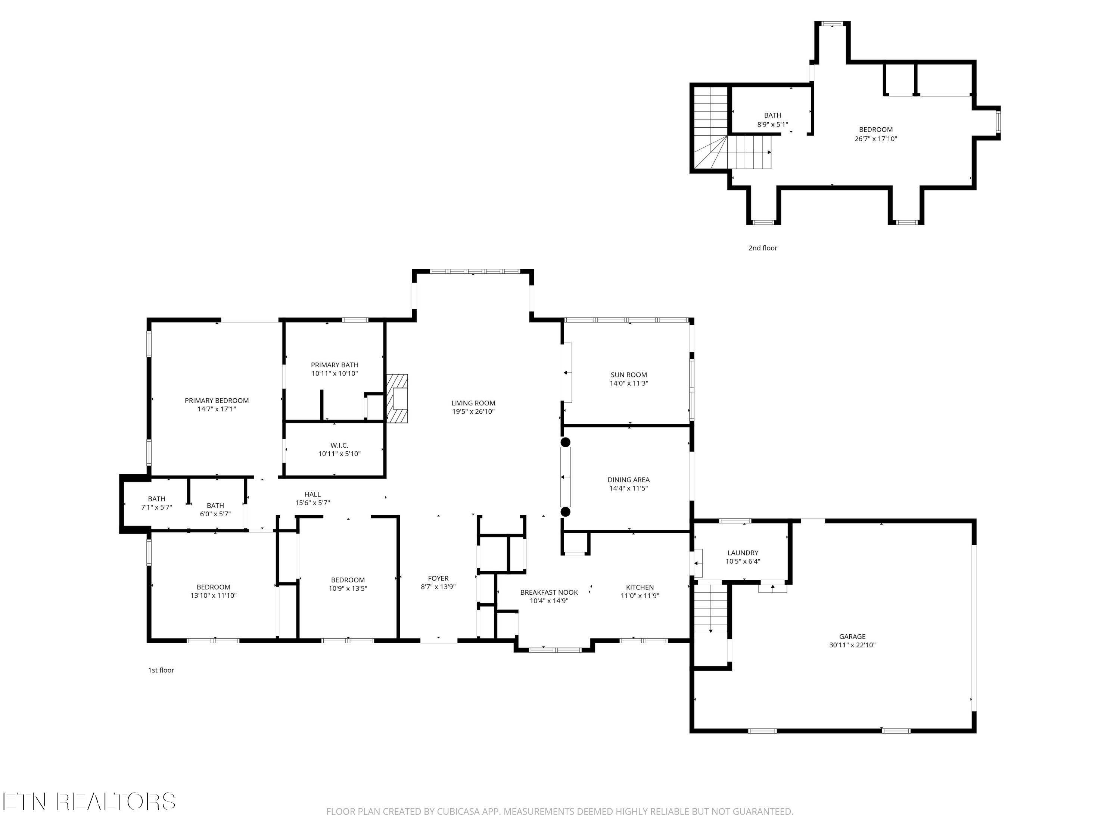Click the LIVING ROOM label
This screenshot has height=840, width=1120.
point(473,403)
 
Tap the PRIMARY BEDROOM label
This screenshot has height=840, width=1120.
point(217,401)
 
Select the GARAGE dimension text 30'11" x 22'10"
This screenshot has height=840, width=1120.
point(852,645)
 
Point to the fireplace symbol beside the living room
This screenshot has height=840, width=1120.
point(398,398)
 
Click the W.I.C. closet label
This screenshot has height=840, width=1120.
point(339,445)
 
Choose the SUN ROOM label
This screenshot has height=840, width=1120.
point(629,375)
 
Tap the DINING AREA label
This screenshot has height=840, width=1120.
point(628,479)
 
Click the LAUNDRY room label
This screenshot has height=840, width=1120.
point(743,553)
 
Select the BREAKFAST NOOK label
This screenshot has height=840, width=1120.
point(549,592)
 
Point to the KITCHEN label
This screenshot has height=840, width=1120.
point(640,587)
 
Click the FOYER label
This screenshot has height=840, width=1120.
point(438,578)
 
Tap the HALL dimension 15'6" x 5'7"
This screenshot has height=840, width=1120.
point(312,503)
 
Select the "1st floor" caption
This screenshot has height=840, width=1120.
point(161,671)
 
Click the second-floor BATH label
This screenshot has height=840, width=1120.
point(773,115)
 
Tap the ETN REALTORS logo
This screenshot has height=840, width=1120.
point(89,802)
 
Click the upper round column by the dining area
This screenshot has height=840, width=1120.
point(566,442)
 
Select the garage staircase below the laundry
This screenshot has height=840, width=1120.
point(711,609)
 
